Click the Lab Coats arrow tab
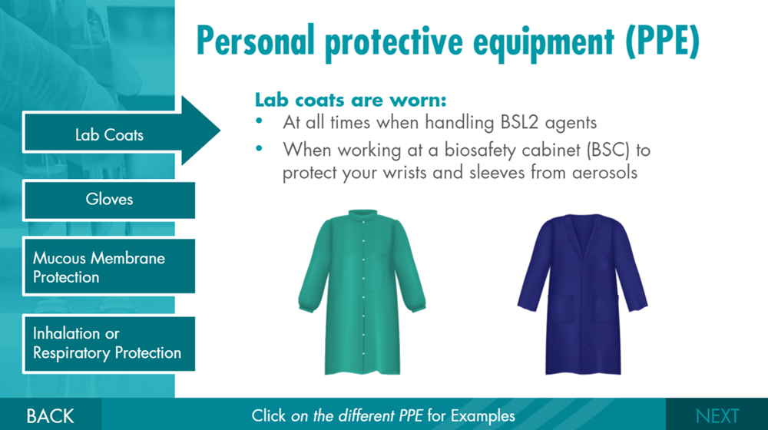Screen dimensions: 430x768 pos(110,135)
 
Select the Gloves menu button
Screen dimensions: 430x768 pos(109,200)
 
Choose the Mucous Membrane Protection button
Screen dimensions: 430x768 pos(109,267)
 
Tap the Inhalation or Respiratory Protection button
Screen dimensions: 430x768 pos(109,344)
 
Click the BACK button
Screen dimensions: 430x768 pos(50,416)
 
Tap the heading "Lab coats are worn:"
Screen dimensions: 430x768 pos(350,101)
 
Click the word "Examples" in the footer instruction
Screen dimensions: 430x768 pos(482,416)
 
